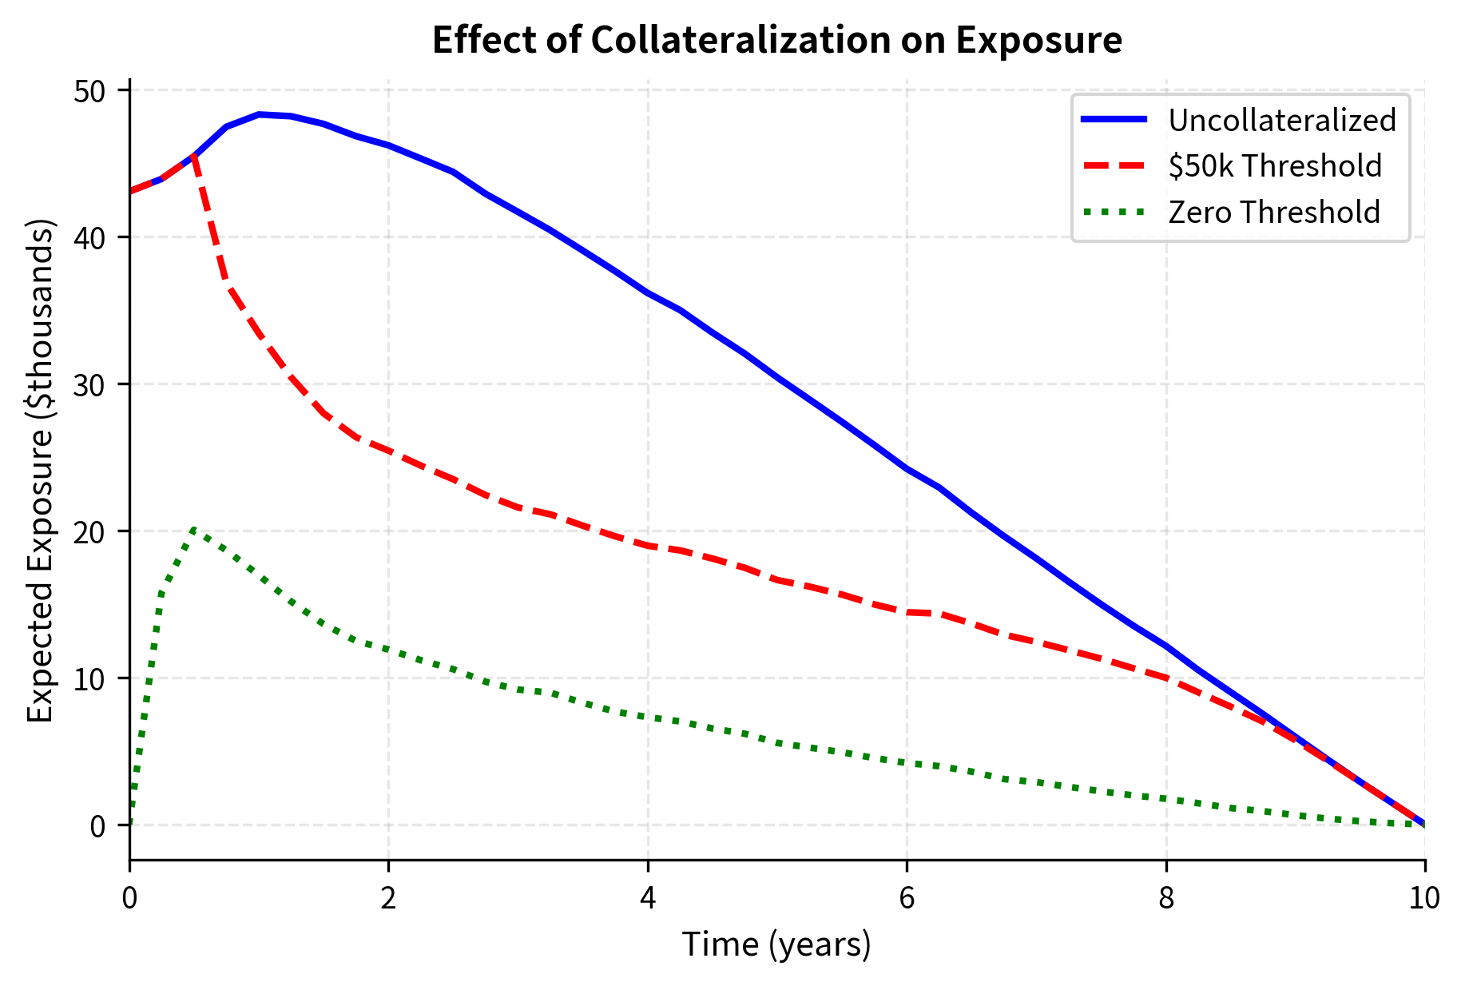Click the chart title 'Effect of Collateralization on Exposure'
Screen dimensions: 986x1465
pos(776,40)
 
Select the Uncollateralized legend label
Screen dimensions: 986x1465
pos(1281,120)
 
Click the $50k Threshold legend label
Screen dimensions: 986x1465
pos(1274,165)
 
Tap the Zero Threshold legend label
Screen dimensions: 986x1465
pos(1273,212)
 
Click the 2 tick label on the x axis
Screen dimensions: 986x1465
pos(388,898)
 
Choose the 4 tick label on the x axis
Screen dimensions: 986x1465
pos(648,898)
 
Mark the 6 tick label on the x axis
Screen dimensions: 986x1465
pos(907,898)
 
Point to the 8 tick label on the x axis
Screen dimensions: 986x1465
pos(1166,898)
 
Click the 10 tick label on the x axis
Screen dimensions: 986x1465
pos(1424,898)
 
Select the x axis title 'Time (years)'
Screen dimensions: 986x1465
pos(776,944)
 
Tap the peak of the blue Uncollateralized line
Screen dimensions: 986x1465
pos(259,114)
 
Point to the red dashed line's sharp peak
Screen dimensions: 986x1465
pos(194,156)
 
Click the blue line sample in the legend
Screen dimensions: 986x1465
pos(1114,120)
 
